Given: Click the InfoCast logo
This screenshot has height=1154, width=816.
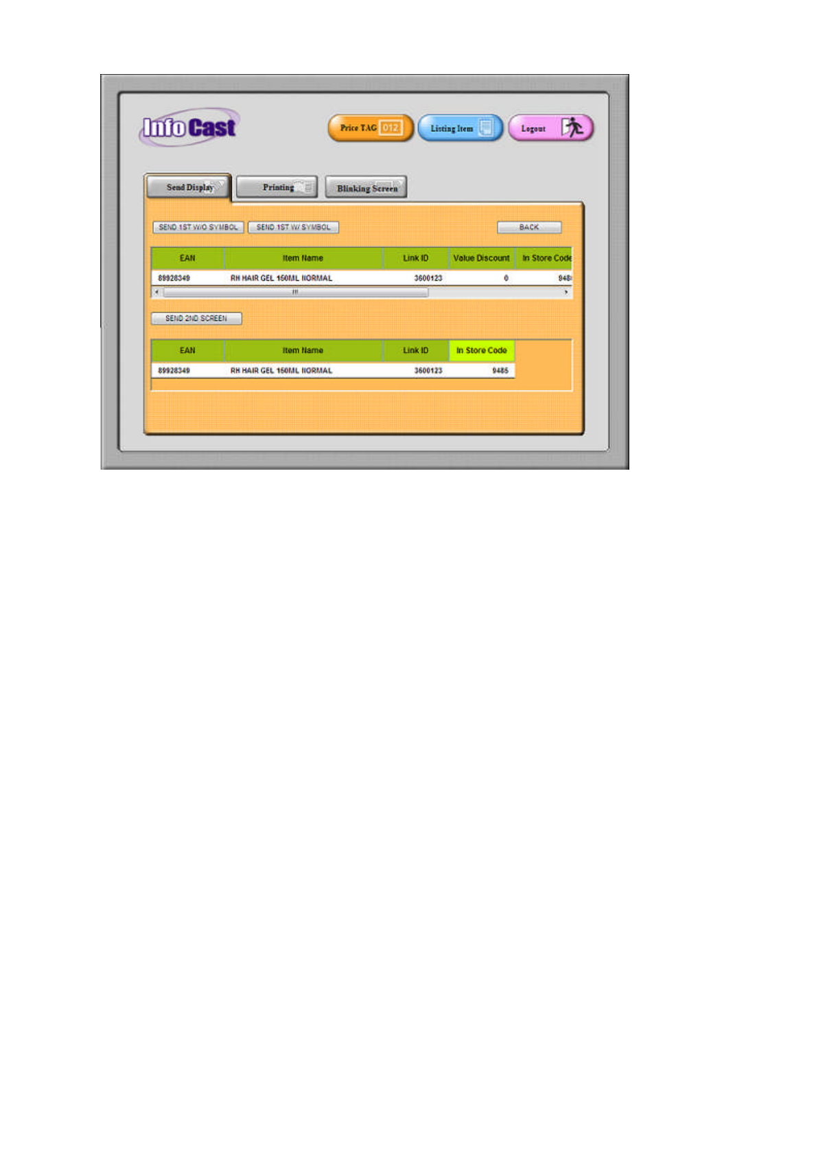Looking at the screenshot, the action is [189, 128].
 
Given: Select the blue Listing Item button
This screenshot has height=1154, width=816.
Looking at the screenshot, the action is [460, 128].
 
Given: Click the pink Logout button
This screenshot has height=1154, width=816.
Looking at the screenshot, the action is [550, 128].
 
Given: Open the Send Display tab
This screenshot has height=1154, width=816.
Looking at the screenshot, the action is [188, 187].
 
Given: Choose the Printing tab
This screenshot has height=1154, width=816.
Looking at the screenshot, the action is [277, 187].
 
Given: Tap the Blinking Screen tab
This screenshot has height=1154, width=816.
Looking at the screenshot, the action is [366, 188].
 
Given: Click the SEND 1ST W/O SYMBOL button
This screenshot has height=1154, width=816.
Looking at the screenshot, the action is [198, 227].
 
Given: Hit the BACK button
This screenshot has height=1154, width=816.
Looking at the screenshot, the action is [529, 227].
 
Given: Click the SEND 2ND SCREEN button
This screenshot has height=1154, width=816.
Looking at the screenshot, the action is [196, 318].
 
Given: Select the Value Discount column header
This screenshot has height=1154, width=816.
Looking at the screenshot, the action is [481, 259].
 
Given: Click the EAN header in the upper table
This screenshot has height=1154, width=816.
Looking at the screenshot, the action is [187, 259].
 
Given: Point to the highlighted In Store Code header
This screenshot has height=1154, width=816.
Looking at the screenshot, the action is [481, 350].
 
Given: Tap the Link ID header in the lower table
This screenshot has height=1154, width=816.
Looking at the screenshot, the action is [415, 350].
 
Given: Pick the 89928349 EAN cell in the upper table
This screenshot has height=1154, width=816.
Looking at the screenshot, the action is [174, 278].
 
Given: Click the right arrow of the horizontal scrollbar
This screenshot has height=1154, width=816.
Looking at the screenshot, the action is [566, 292].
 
